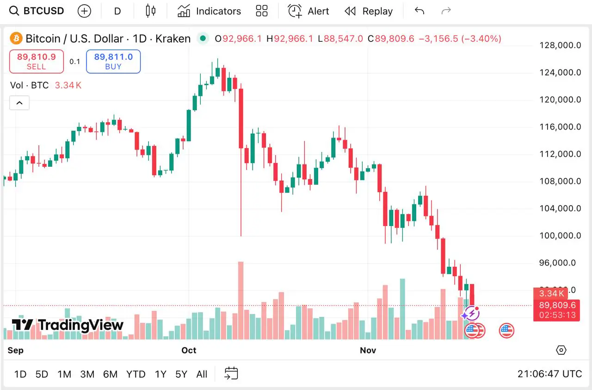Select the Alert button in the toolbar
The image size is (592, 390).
(308, 11)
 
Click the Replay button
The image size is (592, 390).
(369, 11)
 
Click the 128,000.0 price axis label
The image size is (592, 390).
(561, 45)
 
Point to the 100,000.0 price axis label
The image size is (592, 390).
(561, 236)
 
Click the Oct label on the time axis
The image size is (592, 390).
(189, 350)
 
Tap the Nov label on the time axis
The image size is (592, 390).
(368, 350)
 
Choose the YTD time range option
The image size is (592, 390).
(136, 374)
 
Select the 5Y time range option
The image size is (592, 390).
(181, 374)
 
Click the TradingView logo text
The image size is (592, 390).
(68, 325)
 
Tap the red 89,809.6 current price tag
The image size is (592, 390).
(557, 305)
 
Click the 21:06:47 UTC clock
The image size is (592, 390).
(549, 374)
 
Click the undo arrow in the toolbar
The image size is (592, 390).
(419, 11)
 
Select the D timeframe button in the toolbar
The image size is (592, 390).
(117, 11)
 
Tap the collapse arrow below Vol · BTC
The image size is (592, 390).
(19, 103)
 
